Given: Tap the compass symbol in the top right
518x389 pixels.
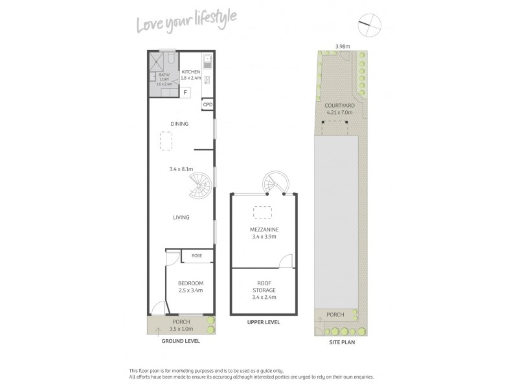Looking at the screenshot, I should pyautogui.click(x=367, y=27).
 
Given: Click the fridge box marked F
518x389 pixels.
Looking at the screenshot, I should pyautogui.click(x=185, y=92).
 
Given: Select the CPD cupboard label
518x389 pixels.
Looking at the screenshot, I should pyautogui.click(x=207, y=104).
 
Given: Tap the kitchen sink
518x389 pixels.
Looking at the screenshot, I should pyautogui.click(x=208, y=61).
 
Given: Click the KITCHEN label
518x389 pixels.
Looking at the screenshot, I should pyautogui.click(x=190, y=72).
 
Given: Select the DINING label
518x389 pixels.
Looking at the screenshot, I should pyautogui.click(x=179, y=124).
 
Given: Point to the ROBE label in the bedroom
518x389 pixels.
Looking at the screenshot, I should pyautogui.click(x=196, y=256).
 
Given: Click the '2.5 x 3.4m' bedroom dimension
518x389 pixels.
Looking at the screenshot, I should pyautogui.click(x=190, y=290).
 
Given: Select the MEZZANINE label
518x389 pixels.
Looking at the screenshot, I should pyautogui.click(x=264, y=230).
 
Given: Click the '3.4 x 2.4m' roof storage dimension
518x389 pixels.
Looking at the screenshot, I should pyautogui.click(x=264, y=297).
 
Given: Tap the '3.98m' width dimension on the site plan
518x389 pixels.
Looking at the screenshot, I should pyautogui.click(x=343, y=46).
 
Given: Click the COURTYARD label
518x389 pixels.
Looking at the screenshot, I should pyautogui.click(x=340, y=104).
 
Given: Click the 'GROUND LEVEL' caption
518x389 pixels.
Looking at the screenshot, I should pyautogui.click(x=181, y=340).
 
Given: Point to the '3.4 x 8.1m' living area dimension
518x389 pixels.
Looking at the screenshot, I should pyautogui.click(x=181, y=170).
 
